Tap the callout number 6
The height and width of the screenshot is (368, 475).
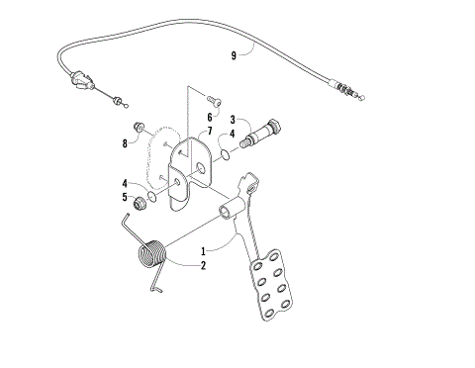(209, 116)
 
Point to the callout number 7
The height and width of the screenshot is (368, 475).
(209, 132)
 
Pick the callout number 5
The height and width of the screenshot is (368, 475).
(126, 196)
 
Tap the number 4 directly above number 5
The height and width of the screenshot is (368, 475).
(126, 182)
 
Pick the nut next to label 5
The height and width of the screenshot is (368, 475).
(142, 203)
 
